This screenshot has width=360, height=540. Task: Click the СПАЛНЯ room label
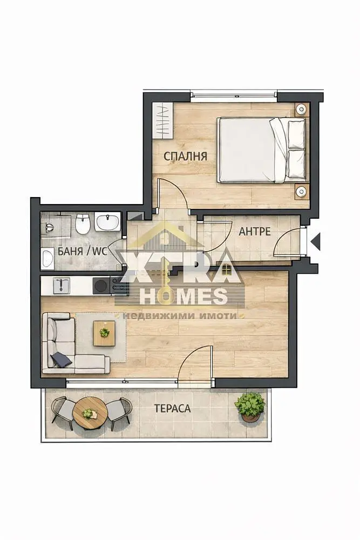(x=185, y=156)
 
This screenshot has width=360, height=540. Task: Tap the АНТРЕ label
(x=255, y=232)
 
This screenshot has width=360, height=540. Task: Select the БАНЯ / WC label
(x=83, y=251)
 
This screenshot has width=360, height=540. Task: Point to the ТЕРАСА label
(x=172, y=408)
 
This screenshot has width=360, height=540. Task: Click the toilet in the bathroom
(x=83, y=223)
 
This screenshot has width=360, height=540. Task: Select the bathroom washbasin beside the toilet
(x=107, y=221)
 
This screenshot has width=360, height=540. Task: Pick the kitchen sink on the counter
(x=62, y=286)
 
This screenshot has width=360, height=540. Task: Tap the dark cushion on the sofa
(x=62, y=360)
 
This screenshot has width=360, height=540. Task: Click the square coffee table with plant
(x=104, y=333)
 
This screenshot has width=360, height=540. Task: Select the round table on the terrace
(x=91, y=413)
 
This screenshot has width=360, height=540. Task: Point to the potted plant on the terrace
(x=250, y=407)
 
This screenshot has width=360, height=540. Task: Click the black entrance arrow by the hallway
(x=316, y=241)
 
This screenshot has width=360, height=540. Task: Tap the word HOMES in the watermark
(x=184, y=296)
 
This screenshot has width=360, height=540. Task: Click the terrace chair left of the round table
(x=63, y=412)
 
